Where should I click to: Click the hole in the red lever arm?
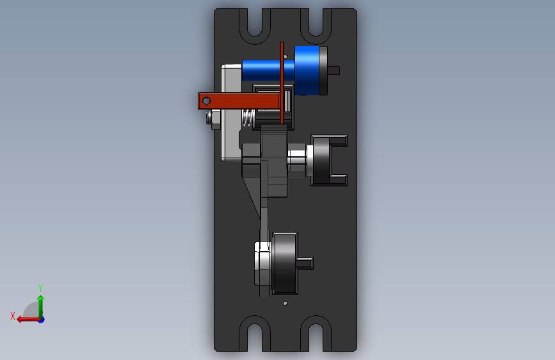click(206, 101)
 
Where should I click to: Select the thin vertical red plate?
click(282, 83)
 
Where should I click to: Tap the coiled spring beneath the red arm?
click(248, 118)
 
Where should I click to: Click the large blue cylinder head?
click(307, 70)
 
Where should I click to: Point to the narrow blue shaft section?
click(261, 70)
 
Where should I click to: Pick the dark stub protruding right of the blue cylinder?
click(334, 70)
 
